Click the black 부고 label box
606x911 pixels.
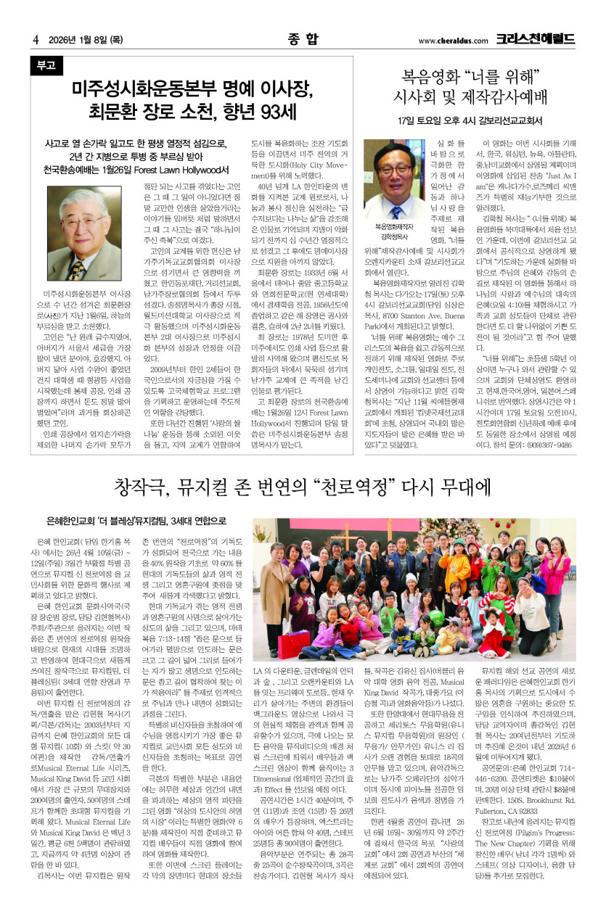pyautogui.click(x=46, y=65)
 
